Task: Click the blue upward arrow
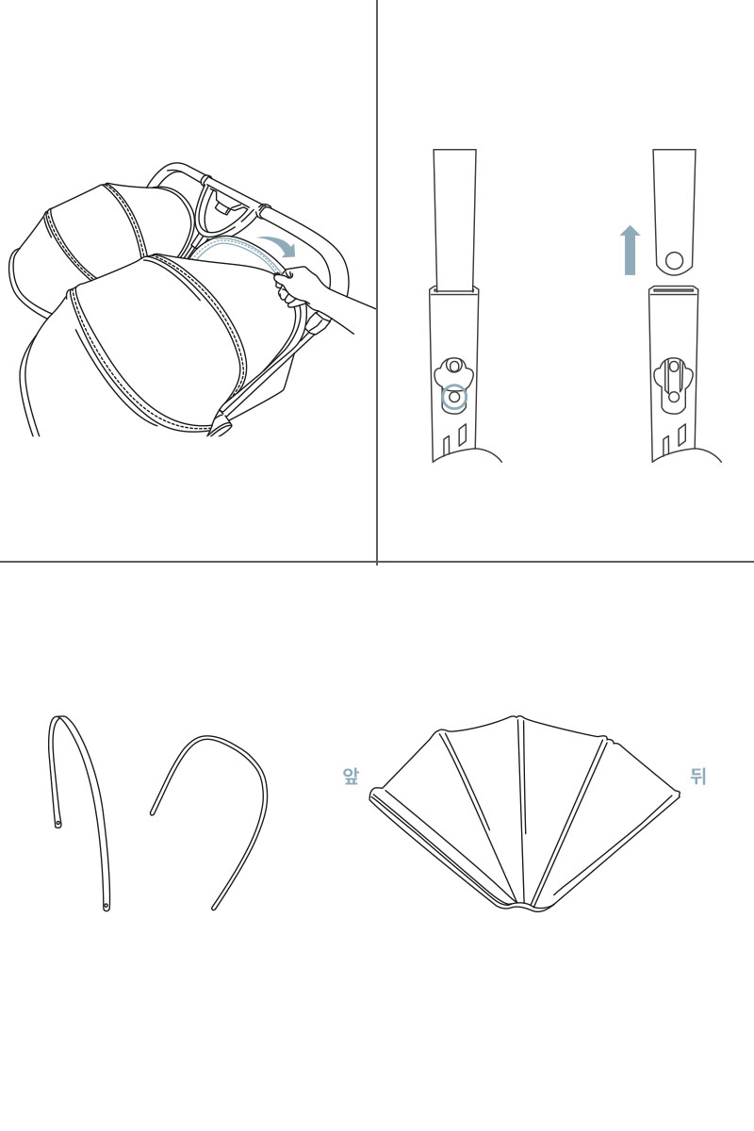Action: point(630,251)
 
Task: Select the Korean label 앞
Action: point(351,777)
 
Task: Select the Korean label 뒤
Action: point(698,777)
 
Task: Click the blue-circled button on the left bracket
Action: point(454,398)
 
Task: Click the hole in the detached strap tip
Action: point(674,260)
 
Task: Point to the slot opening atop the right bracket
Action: point(674,290)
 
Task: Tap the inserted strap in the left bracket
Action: point(454,221)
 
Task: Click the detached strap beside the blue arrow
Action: point(674,212)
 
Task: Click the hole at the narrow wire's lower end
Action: point(107,907)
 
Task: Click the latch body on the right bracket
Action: point(674,381)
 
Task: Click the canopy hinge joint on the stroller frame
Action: point(221,423)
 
